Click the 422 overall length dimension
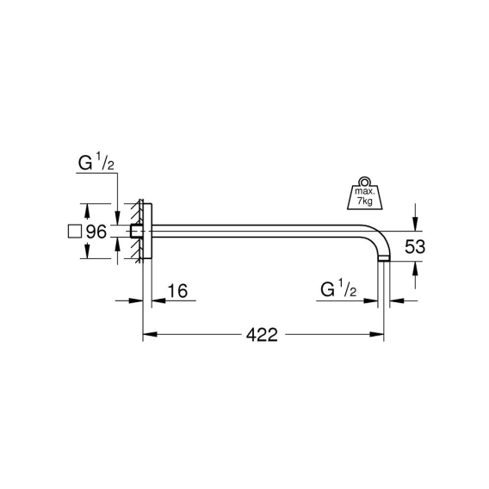tap(262, 335)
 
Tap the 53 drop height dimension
tap(415, 247)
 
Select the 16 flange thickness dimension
tap(177, 291)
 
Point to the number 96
tap(96, 232)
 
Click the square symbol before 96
tap(75, 232)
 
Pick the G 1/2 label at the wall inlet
tap(96, 163)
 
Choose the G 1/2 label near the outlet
tap(338, 288)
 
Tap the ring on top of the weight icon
tap(364, 182)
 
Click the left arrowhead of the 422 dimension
tap(150, 334)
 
